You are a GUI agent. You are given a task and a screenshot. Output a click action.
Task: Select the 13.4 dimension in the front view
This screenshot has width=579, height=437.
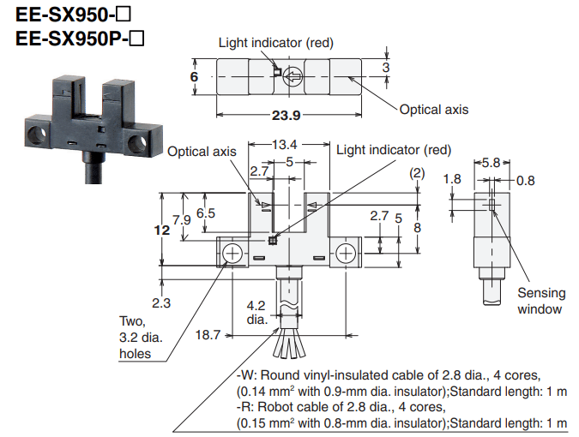(x=284, y=144)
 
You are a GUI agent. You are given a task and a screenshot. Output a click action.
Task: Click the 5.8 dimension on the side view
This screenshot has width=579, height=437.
(x=491, y=162)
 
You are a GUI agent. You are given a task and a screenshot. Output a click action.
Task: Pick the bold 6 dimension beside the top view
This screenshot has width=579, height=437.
(x=195, y=77)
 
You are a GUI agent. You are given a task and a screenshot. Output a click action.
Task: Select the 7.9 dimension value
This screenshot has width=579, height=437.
(x=181, y=219)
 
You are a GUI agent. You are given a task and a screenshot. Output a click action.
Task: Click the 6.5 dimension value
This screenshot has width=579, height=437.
(x=205, y=213)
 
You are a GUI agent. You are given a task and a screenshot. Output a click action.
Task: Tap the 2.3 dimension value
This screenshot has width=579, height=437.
(x=160, y=302)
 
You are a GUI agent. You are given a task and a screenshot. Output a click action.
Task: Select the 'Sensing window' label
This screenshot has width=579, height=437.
(x=540, y=301)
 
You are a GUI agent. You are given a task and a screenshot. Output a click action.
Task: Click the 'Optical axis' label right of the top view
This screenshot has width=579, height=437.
(x=434, y=110)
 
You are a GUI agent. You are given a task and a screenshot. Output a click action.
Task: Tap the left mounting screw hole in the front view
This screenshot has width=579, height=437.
(x=232, y=254)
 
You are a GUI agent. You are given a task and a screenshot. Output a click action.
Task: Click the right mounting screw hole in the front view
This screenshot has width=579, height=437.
(x=345, y=254)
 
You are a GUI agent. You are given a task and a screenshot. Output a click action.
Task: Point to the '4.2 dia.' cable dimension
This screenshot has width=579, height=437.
(x=256, y=312)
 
